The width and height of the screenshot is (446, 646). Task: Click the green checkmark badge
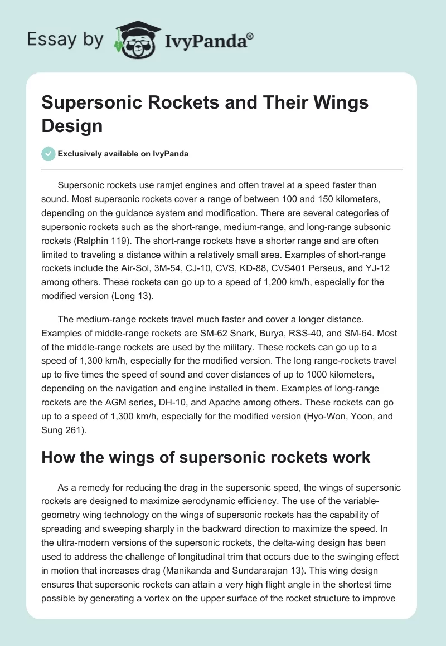48,154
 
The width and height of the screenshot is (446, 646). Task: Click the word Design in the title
72,125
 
